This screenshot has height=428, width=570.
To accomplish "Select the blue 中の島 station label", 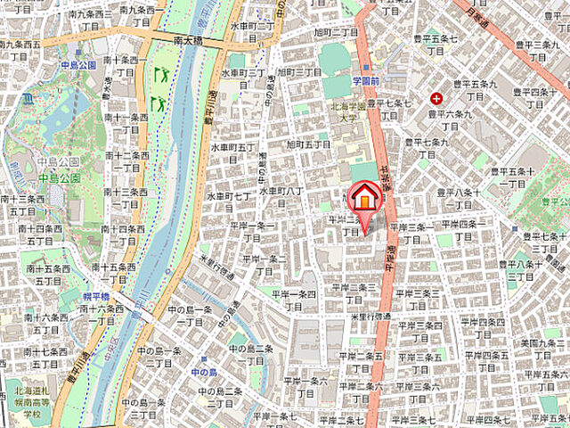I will [203, 371].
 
